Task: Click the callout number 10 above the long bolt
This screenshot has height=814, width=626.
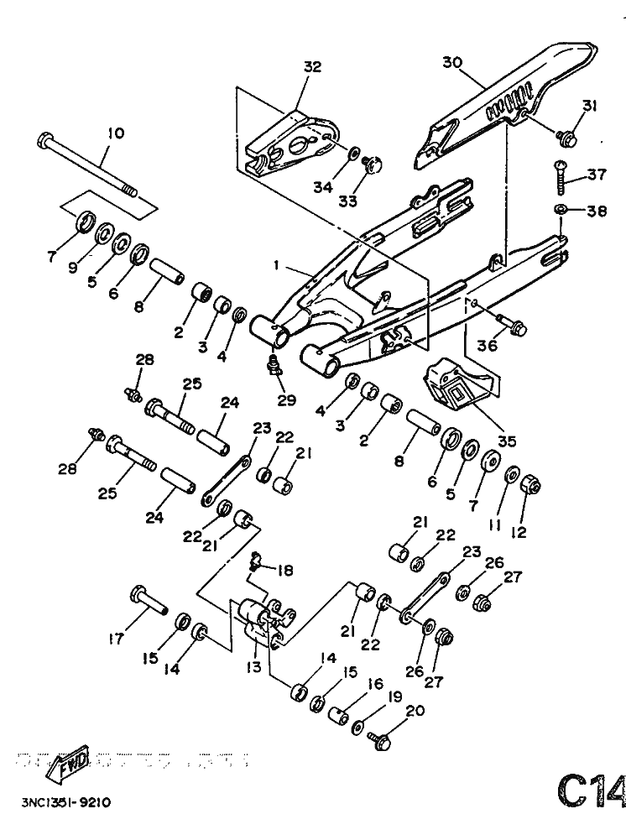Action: [x=115, y=133]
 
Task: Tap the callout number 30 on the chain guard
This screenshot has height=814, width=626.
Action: [x=452, y=62]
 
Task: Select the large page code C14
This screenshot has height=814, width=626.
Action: [x=590, y=788]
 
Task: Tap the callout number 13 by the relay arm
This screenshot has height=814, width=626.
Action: [x=253, y=666]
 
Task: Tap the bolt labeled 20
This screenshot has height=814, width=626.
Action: [x=378, y=738]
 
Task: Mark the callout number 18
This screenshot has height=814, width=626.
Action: [x=285, y=571]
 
